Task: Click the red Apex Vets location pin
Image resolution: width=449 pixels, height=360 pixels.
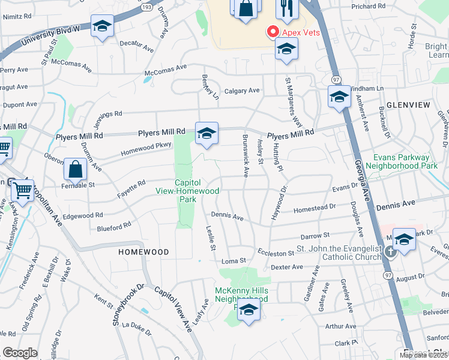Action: [273, 31]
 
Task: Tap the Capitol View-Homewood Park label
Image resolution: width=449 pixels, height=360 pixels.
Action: [196, 191]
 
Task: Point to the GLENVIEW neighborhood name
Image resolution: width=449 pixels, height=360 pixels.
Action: [408, 105]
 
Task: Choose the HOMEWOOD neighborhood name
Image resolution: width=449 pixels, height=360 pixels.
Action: [143, 252]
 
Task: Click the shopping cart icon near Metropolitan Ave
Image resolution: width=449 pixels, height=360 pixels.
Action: [23, 191]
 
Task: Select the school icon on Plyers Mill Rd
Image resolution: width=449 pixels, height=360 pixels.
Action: [206, 133]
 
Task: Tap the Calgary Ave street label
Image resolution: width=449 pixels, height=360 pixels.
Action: [242, 91]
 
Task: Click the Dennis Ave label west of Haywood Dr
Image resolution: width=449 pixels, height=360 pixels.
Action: [226, 217]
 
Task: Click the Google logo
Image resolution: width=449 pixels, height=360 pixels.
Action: [20, 353]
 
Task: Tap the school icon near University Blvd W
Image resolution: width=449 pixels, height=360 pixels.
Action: [102, 28]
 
